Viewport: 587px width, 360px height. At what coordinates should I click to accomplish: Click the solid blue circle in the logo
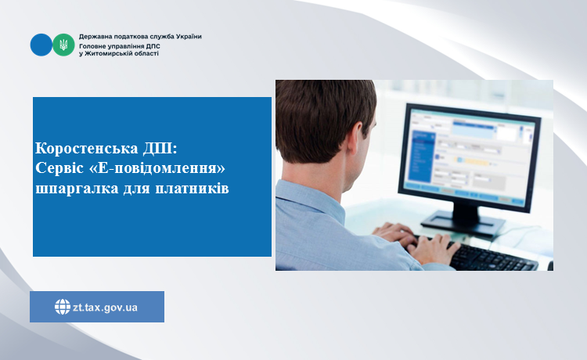click(x=41, y=45)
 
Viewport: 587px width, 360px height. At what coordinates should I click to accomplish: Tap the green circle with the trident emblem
click(x=63, y=45)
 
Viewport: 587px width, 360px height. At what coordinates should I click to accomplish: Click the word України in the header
click(x=189, y=37)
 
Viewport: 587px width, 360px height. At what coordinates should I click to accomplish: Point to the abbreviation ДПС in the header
click(x=153, y=46)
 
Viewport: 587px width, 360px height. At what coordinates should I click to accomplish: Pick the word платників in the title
click(x=192, y=188)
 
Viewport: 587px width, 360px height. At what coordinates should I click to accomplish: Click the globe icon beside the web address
click(x=63, y=307)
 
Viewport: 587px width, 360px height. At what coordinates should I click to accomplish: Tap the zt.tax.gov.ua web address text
click(x=105, y=308)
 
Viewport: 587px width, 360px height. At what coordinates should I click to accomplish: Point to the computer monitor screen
click(x=470, y=155)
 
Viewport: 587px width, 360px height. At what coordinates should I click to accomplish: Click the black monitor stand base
click(x=463, y=222)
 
